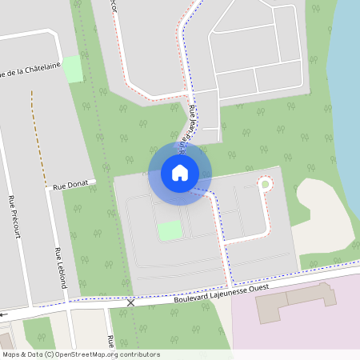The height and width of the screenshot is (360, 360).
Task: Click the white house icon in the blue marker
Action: coord(180,172)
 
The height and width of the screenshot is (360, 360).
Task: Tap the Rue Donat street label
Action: coord(70,185)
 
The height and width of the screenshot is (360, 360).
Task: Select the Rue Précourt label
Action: coord(12,215)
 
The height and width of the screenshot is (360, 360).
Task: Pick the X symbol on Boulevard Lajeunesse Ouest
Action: coord(131,302)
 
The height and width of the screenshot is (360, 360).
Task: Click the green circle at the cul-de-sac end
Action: coord(265,185)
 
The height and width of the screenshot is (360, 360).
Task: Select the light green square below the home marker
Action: coord(169,230)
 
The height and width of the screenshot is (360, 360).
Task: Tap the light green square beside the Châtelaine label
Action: coord(73,69)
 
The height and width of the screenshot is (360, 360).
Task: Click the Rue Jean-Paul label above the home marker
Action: coord(190,128)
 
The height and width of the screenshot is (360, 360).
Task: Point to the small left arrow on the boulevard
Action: coord(4,314)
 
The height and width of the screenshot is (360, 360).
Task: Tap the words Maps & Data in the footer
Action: coord(23,354)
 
